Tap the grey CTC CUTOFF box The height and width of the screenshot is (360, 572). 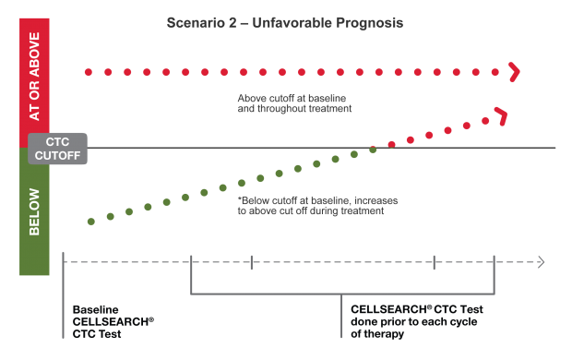(x=57, y=149)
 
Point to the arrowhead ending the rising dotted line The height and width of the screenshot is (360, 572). (x=502, y=115)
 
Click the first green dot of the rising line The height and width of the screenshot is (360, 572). (x=89, y=222)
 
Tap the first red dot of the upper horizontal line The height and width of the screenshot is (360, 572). (x=86, y=71)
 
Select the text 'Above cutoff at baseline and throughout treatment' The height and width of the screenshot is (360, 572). (x=294, y=102)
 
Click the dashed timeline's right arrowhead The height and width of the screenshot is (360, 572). (x=540, y=263)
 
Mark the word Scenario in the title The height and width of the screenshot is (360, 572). (x=192, y=22)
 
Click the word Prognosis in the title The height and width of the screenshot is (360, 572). (x=368, y=22)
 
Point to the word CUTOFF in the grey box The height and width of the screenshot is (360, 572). (x=57, y=155)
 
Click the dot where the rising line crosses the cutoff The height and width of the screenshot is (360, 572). (x=373, y=149)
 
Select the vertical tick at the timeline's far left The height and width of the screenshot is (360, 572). (x=63, y=263)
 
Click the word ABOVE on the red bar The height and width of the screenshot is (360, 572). (x=34, y=69)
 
